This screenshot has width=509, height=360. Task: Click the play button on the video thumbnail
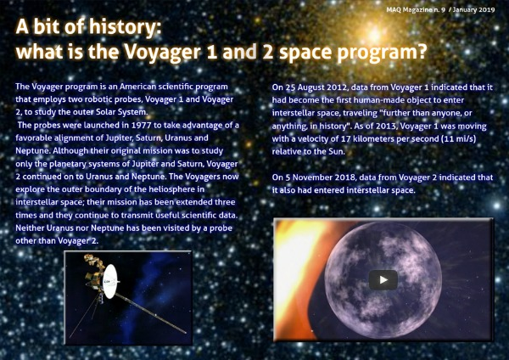pos(383,279)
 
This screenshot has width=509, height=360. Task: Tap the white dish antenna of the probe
pos(109,281)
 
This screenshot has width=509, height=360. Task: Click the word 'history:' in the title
pos(125,26)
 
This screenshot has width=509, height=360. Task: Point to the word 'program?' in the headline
pos(382,53)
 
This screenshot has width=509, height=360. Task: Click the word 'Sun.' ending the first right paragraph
pos(337,152)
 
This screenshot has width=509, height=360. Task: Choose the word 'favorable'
pos(31,138)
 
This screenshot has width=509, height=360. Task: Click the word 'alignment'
pos(66,138)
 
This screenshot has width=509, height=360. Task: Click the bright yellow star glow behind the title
pos(374,33)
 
